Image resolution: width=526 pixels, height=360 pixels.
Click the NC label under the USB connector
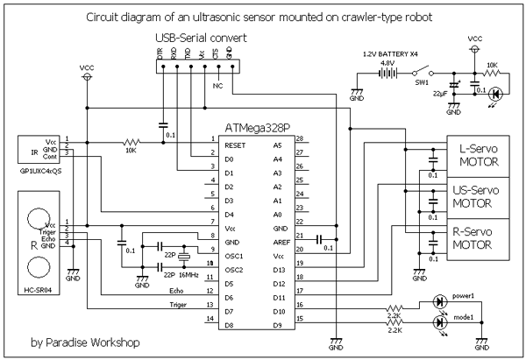tap(218, 86)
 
